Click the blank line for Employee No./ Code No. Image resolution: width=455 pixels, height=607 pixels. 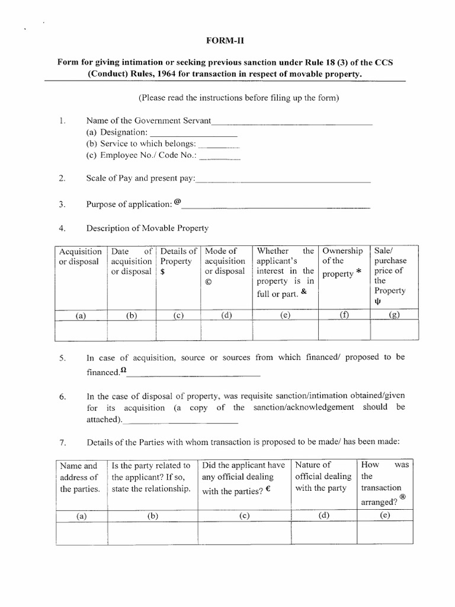pos(220,159)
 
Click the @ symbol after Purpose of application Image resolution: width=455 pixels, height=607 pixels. pos(178,202)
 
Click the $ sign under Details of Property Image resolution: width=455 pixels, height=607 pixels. pos(162,272)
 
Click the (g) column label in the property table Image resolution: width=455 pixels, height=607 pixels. pos(394,315)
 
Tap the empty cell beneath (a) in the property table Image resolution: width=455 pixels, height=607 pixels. pos(81,331)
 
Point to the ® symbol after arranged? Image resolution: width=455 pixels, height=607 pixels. pos(403,498)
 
